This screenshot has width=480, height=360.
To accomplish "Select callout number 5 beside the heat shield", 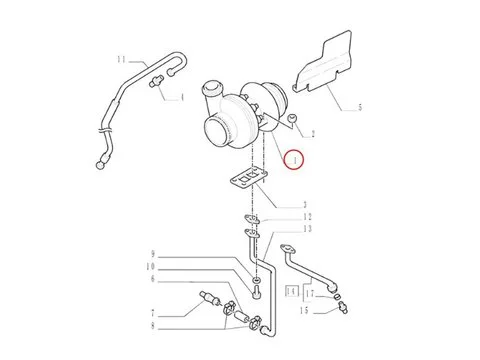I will (x=360, y=104).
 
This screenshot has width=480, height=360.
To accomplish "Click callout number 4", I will (x=181, y=97).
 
